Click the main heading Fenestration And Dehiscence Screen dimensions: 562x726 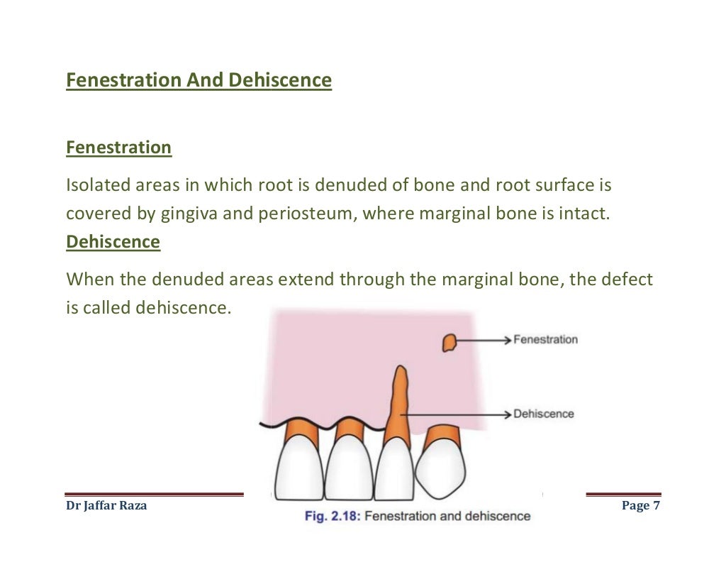(x=199, y=81)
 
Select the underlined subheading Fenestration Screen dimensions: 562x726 (x=118, y=148)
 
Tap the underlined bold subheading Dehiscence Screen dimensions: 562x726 (x=113, y=242)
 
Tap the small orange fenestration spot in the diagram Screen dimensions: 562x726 (x=448, y=343)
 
